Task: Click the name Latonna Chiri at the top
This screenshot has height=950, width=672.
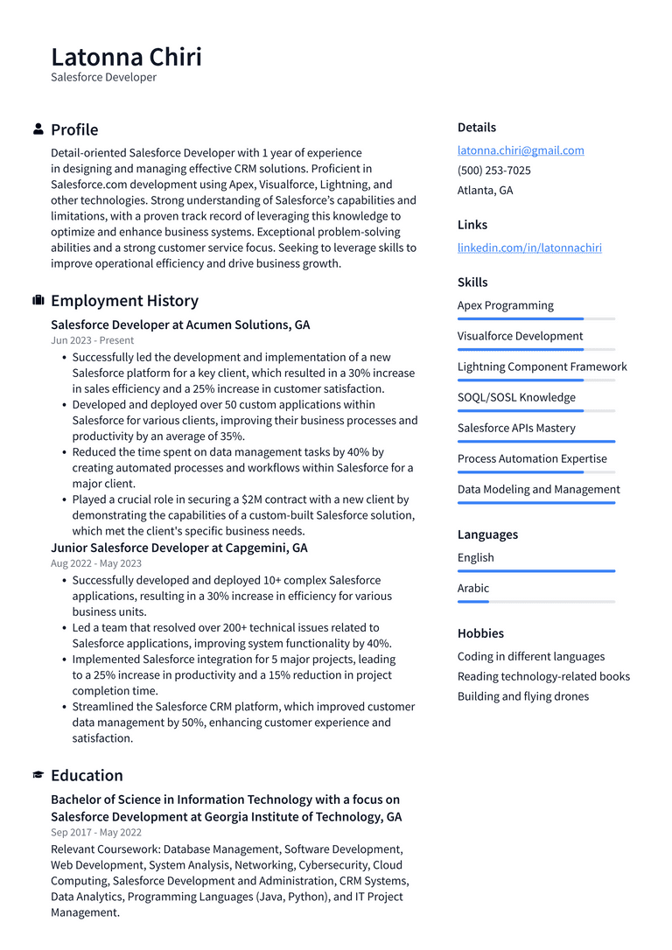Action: point(126,57)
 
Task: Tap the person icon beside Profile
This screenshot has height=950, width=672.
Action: point(38,129)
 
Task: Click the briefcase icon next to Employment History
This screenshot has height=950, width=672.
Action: point(38,301)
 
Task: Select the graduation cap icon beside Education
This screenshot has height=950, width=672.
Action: point(38,776)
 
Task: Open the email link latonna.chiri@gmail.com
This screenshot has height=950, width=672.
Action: point(521,150)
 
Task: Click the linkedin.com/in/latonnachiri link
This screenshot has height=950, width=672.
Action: point(529,248)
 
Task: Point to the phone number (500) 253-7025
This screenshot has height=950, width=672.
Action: point(493,171)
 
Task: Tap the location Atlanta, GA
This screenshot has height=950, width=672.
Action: point(485,190)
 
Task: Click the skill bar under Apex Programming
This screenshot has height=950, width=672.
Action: point(535,319)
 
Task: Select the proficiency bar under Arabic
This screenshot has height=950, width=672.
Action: point(535,602)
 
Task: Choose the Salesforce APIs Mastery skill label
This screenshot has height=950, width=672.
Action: point(516,428)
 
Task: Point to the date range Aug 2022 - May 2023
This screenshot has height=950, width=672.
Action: point(95,563)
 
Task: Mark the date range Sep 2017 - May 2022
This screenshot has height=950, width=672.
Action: point(95,833)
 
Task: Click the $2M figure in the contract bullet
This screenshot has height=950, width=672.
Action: point(254,499)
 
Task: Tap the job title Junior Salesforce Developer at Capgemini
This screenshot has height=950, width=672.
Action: point(178,548)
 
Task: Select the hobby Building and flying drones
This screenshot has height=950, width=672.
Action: point(522,696)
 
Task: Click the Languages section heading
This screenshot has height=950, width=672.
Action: point(487,534)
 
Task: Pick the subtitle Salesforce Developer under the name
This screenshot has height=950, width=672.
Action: point(103,78)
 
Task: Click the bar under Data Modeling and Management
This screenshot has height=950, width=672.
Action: point(535,503)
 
